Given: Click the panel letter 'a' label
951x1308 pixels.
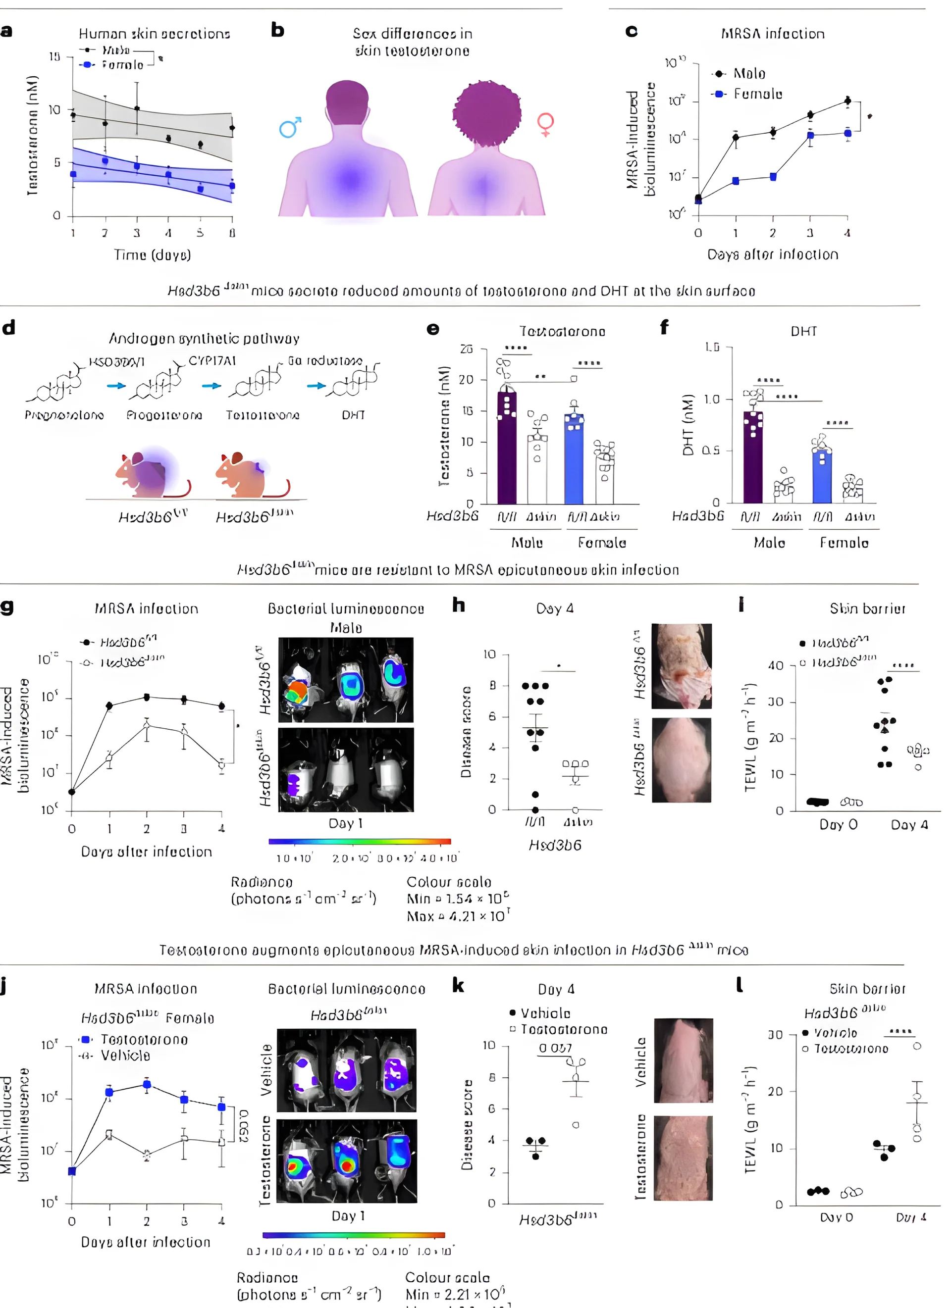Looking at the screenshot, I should [x=6, y=31].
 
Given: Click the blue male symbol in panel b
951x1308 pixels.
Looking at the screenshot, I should [x=290, y=127].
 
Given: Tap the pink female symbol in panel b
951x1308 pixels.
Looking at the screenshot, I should [x=545, y=124].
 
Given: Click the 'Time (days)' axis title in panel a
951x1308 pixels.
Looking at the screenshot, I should [x=153, y=255].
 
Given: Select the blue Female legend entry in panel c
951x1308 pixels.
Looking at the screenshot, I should [x=749, y=94].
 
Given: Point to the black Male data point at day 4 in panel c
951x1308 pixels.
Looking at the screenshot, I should [x=847, y=101].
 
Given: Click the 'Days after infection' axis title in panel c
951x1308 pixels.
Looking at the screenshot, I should [x=773, y=254].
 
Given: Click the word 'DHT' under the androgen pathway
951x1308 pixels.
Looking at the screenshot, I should [x=353, y=415].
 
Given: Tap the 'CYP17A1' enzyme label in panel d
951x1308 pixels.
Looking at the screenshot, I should [x=212, y=361].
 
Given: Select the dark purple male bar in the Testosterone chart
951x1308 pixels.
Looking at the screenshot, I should [x=507, y=448].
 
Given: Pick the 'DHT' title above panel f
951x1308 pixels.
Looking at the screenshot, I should [x=803, y=332].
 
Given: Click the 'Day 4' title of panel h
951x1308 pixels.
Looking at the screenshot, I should [x=555, y=609].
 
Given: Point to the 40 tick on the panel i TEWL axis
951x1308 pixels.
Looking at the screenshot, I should [x=776, y=665].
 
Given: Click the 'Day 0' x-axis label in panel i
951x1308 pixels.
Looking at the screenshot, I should [x=838, y=825].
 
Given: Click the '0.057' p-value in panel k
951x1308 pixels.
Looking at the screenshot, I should [x=555, y=1048].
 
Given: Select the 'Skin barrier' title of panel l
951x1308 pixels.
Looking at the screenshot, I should [x=867, y=989].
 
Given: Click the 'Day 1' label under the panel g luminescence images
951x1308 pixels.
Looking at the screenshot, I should [x=345, y=823].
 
